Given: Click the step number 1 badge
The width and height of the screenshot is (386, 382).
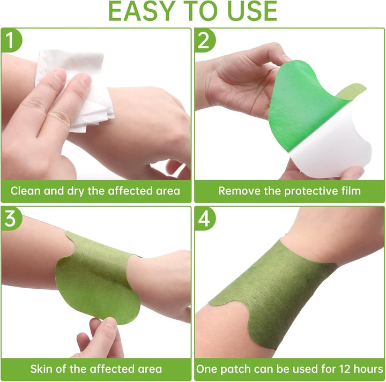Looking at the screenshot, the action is pos(11,40).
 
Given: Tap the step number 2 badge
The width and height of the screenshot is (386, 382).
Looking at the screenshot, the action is pos(204,40).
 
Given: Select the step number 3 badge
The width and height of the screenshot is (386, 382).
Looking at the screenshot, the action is pos(11,218).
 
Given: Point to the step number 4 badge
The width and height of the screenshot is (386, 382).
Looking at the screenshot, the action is pos(204,218).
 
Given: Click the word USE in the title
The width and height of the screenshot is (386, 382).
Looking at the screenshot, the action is pos(253,11).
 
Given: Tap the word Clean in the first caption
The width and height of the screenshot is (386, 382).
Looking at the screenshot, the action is pos(25,191).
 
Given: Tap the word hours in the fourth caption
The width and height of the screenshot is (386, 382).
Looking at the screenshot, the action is pos(368,369).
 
